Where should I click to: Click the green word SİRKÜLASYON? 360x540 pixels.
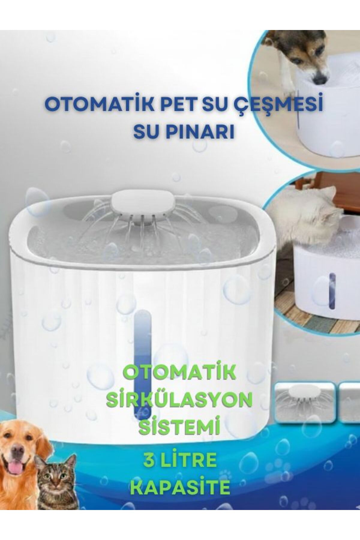[179, 401]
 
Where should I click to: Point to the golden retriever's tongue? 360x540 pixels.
[13, 468]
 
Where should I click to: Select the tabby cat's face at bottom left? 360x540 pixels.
[55, 477]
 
